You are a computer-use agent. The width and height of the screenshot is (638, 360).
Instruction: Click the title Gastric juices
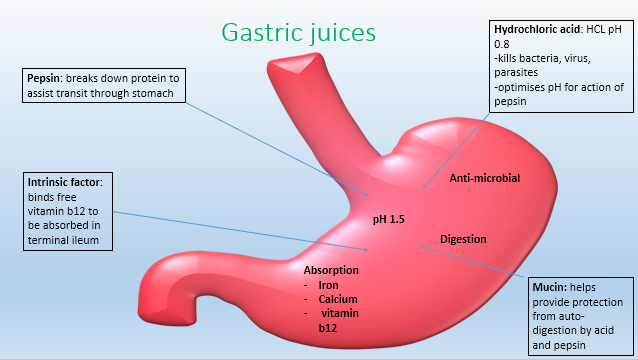(300, 32)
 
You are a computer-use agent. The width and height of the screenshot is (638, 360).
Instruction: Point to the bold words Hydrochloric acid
(528, 30)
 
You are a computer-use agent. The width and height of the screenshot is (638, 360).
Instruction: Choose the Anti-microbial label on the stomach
(486, 177)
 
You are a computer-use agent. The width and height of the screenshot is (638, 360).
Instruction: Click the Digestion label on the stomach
(463, 239)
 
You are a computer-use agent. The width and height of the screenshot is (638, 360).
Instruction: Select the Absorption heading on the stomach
(331, 270)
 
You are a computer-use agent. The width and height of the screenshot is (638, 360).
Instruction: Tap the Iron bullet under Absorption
(328, 285)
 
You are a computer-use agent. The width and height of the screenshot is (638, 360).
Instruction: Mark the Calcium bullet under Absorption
(338, 299)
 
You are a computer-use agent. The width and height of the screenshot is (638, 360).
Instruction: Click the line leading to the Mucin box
(470, 266)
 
